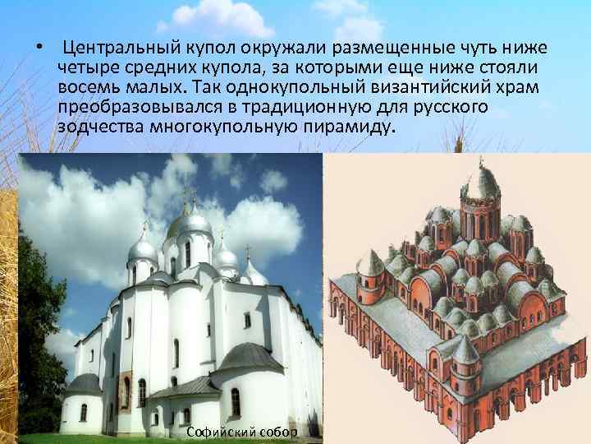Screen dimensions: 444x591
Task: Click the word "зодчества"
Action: [100, 128]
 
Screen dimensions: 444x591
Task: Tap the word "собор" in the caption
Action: [278, 432]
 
